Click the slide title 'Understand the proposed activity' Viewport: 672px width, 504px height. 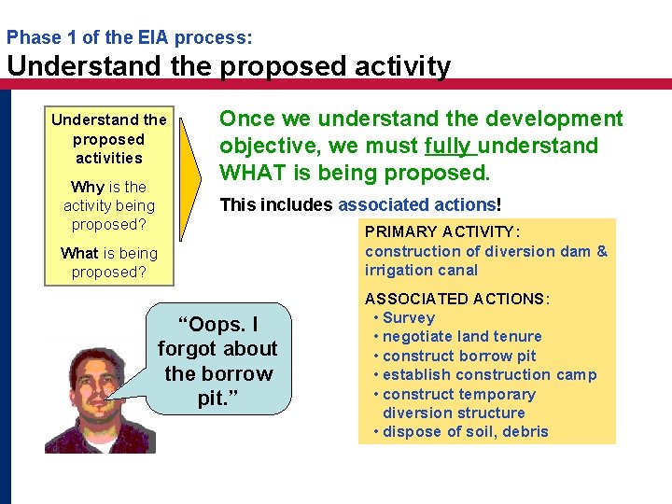click(x=229, y=66)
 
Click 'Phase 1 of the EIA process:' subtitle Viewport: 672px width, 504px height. click(x=129, y=38)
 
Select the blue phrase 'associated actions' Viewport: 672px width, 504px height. click(x=416, y=204)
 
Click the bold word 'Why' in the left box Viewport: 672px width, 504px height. click(x=87, y=187)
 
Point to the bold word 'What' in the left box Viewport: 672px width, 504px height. click(x=79, y=253)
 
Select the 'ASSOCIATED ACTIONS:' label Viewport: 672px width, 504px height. click(x=457, y=299)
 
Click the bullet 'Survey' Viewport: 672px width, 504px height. click(x=409, y=317)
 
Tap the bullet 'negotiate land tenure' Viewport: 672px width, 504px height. click(x=462, y=336)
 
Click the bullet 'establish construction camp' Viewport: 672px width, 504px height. click(x=489, y=375)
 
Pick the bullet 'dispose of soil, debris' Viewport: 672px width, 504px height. click(x=466, y=431)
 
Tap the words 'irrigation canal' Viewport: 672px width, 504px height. click(x=422, y=270)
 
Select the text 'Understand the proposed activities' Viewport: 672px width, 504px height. click(x=109, y=139)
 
